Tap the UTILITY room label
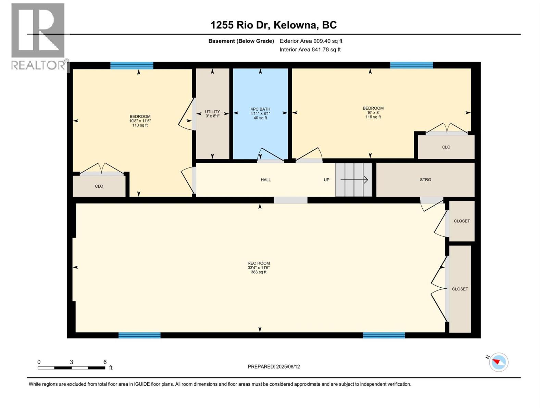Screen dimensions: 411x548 pos(212,112)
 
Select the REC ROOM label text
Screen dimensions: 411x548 pos(259,263)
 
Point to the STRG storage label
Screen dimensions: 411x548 pos(425,179)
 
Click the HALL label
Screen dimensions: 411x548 pos(266,179)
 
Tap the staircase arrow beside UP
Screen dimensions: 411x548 pos(354,179)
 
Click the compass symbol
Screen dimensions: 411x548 pos(499,362)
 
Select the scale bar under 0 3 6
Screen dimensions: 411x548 pos(71,368)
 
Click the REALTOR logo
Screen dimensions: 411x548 pos(38,36)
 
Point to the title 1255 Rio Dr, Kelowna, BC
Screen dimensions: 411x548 pos(273,25)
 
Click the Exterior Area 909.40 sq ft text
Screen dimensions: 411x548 pos(311,41)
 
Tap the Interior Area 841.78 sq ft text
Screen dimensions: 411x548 pos(310,49)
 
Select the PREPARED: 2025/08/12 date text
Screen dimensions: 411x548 pos(274,366)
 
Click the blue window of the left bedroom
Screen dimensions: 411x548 pos(132,65)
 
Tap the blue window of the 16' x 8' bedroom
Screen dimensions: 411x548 pos(411,65)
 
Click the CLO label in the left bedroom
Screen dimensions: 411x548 pos(99,186)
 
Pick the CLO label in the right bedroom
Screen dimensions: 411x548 pos(446,147)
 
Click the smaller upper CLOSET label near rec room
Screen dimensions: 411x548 pos(462,221)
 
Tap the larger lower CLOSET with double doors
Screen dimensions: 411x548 pos(460,289)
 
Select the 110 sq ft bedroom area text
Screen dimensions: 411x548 pos(140,125)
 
